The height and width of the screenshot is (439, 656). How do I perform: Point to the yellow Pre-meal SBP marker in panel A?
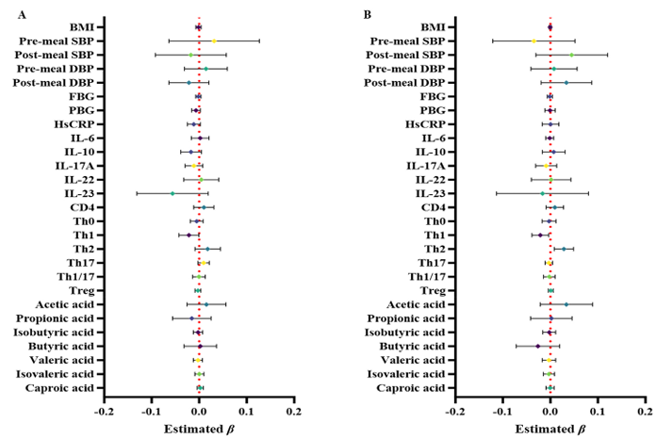click(x=215, y=41)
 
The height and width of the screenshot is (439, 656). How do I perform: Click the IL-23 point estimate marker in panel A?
click(x=172, y=193)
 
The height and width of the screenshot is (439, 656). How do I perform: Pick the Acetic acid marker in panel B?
click(x=566, y=304)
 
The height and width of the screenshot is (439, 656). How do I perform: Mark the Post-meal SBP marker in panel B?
click(x=571, y=56)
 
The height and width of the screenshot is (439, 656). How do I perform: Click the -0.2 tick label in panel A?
click(x=104, y=411)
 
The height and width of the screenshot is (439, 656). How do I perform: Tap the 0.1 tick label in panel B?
click(x=597, y=411)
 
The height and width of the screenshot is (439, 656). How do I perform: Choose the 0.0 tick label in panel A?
click(x=198, y=411)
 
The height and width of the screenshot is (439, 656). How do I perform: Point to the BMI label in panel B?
click(x=433, y=27)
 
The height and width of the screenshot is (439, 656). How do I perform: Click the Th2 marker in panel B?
click(x=564, y=249)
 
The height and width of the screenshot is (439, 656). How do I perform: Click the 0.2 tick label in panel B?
click(x=644, y=411)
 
